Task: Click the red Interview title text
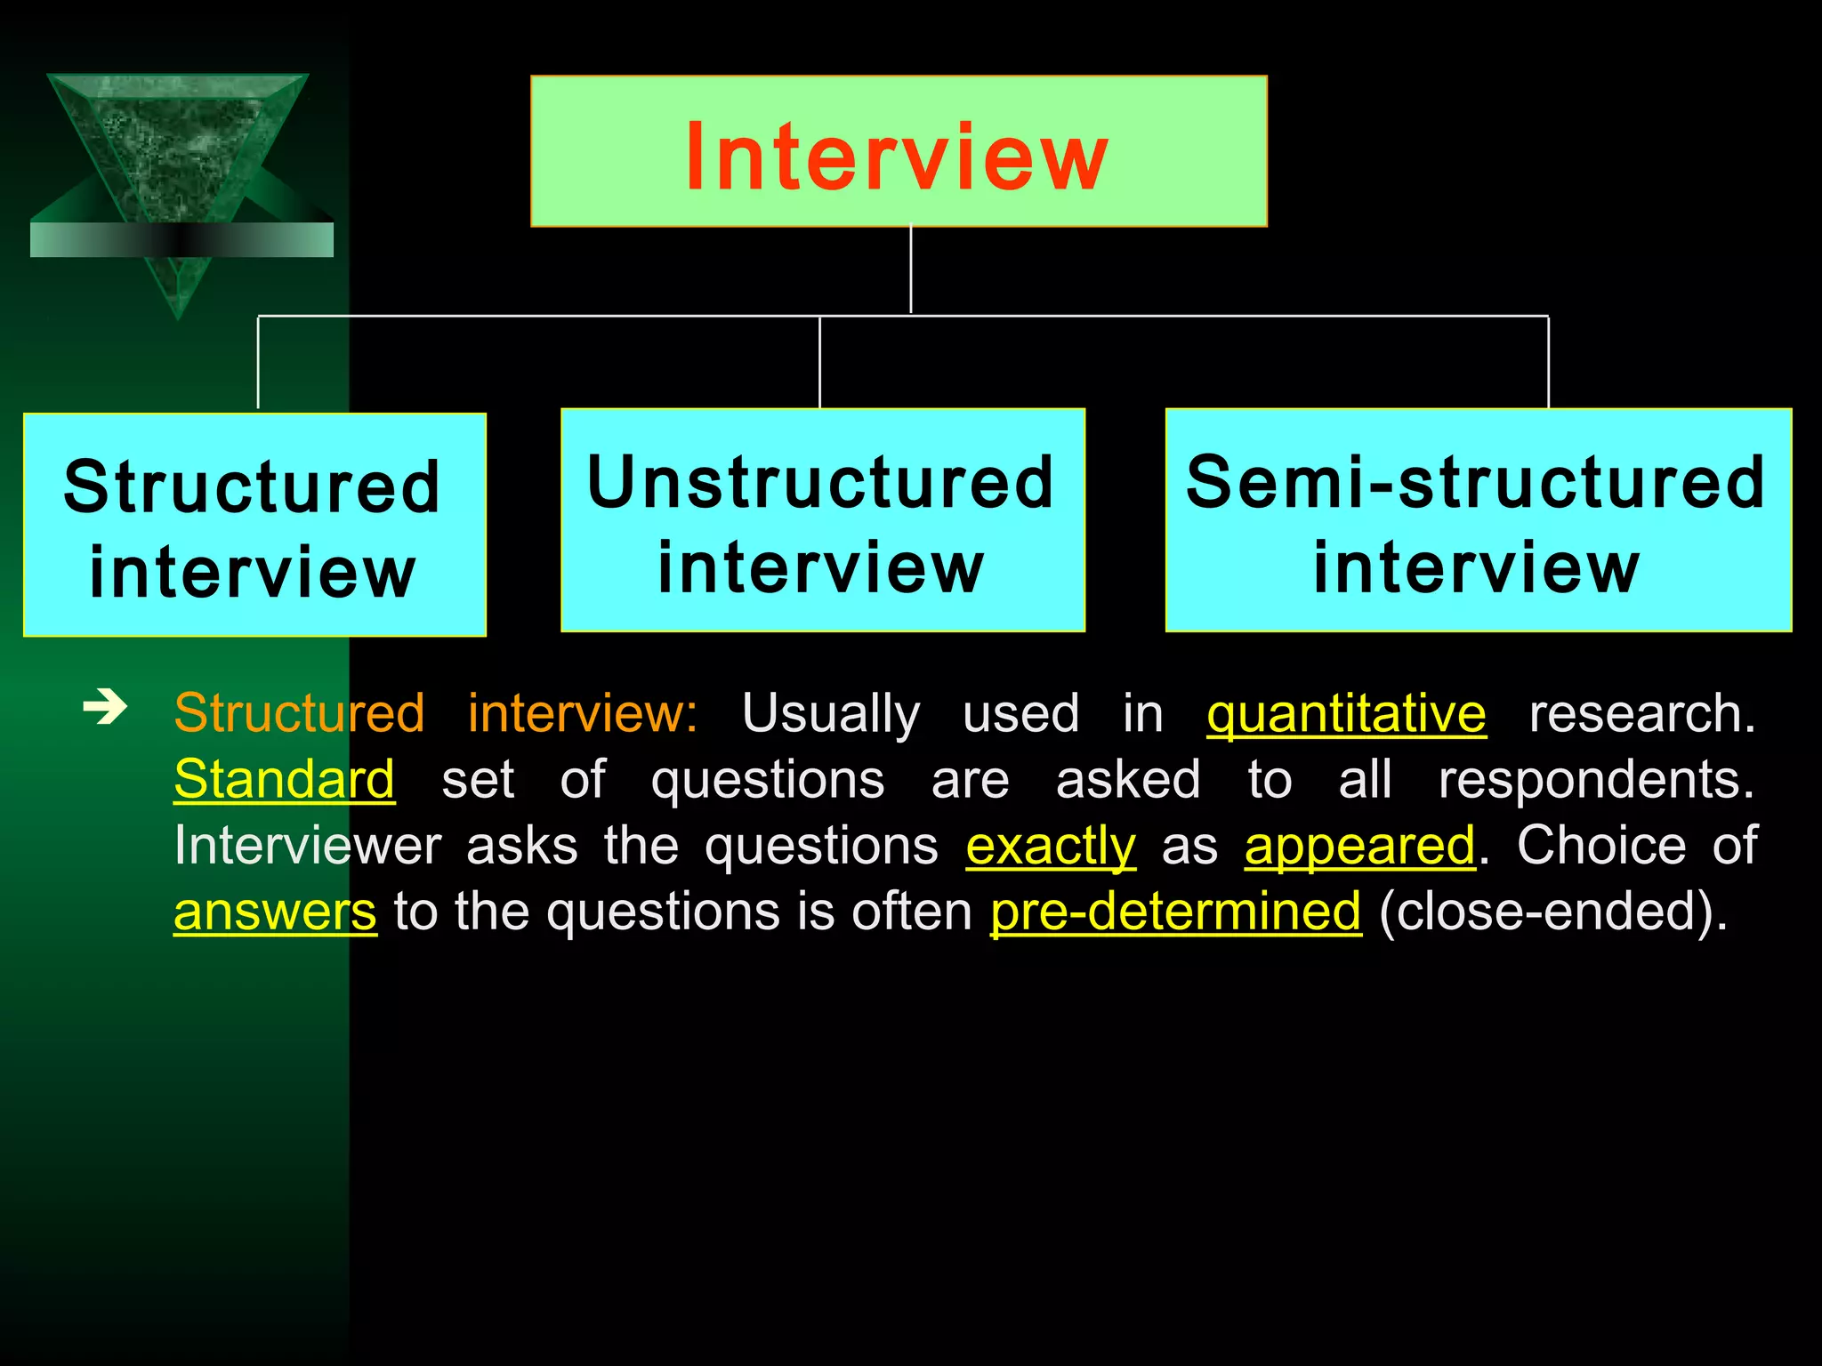(897, 157)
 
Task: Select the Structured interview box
(254, 526)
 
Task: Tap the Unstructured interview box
(822, 521)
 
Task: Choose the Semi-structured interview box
(1478, 521)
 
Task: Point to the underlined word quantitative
(1346, 714)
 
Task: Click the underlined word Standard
(284, 780)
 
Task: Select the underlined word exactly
(1051, 846)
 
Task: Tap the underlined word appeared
(1359, 846)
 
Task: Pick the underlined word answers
(275, 912)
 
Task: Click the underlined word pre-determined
(1175, 912)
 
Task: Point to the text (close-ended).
(1552, 912)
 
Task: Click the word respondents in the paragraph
(1596, 780)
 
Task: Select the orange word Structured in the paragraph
(299, 714)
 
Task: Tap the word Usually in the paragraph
(830, 714)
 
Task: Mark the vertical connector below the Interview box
(911, 269)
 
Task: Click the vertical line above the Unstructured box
(819, 362)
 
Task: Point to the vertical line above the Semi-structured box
(1548, 362)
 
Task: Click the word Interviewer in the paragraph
(308, 846)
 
